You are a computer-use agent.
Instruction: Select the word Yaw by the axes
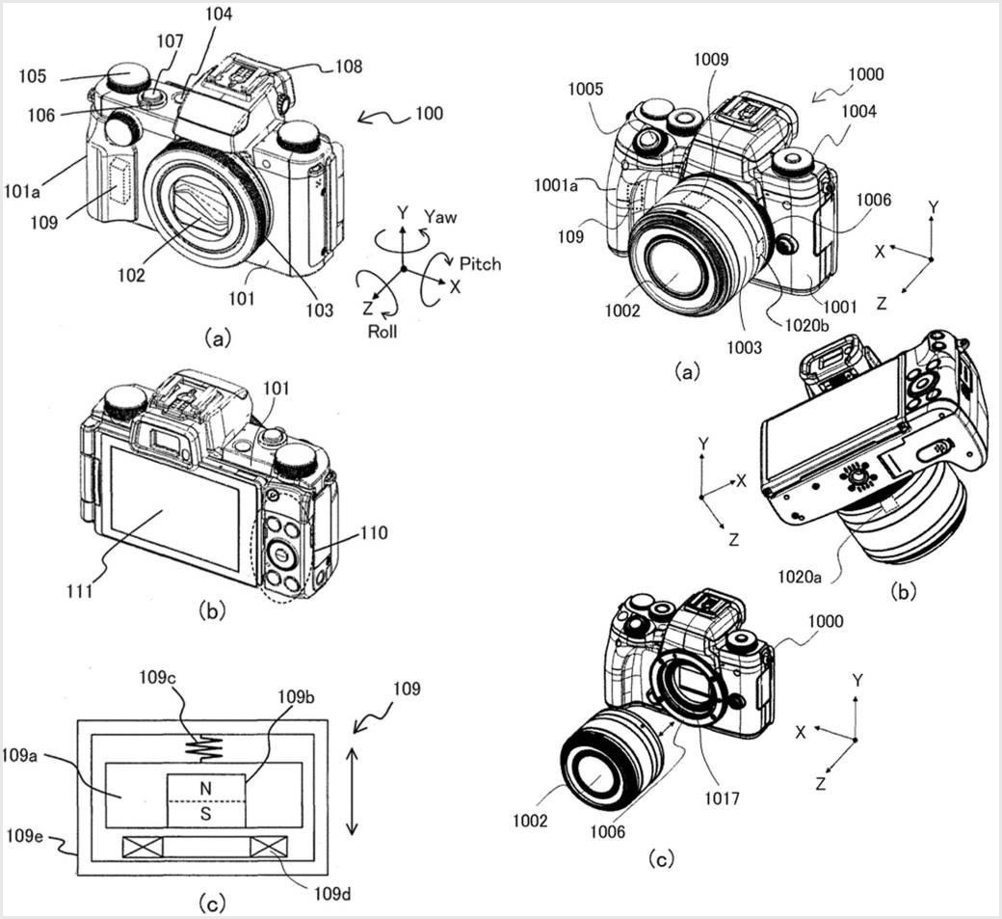coord(442,218)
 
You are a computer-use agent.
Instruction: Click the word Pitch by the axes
coord(480,263)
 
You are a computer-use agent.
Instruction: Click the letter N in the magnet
coord(205,789)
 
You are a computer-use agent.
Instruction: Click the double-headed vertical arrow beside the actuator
coord(352,790)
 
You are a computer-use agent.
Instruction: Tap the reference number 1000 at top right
coord(866,73)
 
